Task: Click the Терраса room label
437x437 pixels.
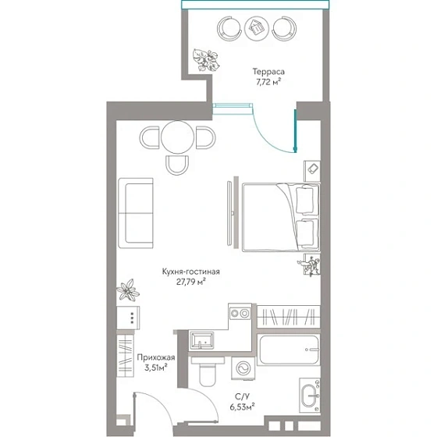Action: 268,72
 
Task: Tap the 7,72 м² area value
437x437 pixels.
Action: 268,82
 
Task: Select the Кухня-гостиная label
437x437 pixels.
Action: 191,272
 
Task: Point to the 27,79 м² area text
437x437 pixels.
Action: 191,282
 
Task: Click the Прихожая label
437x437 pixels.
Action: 156,357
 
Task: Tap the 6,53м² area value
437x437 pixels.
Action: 242,407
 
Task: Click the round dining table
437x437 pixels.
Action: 178,137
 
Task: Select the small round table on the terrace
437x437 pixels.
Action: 257,28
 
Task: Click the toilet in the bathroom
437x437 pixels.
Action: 208,371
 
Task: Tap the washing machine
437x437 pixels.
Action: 243,368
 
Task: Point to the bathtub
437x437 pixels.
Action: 288,350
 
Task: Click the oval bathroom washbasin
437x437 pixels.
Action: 309,396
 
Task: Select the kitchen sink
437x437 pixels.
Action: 201,340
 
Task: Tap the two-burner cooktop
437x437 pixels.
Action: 240,314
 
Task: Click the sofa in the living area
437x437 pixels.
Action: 136,213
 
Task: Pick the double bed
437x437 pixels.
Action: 281,217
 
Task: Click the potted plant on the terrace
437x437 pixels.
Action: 206,59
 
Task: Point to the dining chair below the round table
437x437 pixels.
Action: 177,165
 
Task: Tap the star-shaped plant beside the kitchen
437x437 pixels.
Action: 128,290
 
